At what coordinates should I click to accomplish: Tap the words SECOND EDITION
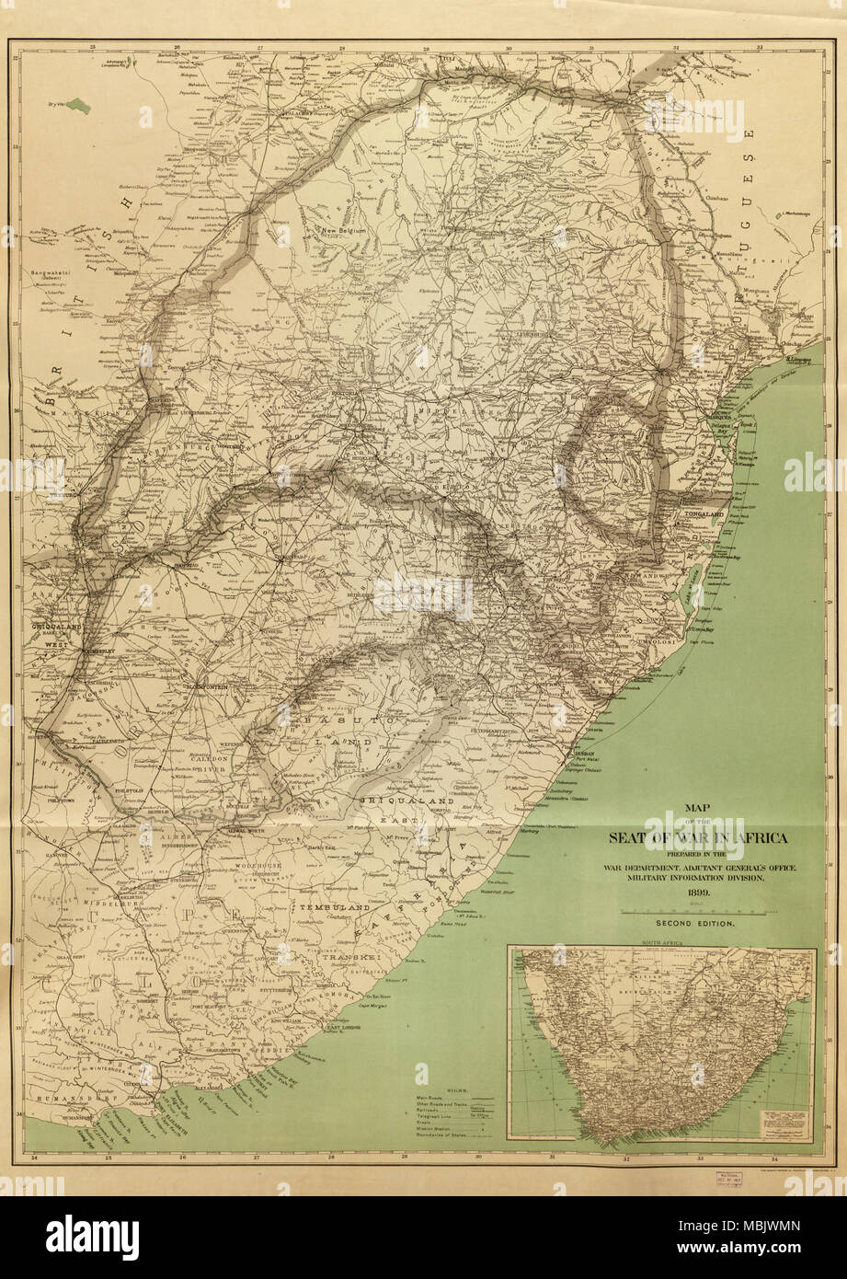coord(694,923)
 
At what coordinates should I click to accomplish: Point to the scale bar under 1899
coord(694,908)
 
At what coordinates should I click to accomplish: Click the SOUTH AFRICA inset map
coord(661,1043)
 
